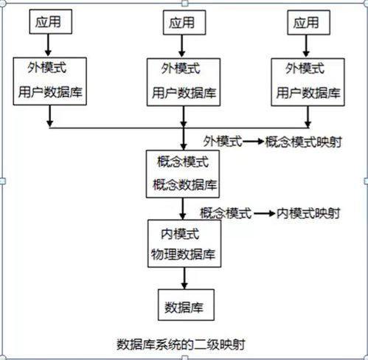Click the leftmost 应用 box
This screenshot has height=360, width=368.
[x=50, y=21]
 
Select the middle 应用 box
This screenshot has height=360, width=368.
[x=181, y=21]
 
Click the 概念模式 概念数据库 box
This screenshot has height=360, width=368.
[x=182, y=172]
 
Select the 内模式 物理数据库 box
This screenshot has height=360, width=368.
[x=182, y=243]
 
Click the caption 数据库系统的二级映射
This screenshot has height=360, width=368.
[x=181, y=343]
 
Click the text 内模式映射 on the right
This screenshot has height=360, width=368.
[x=309, y=213]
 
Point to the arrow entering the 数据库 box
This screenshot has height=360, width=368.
[x=182, y=278]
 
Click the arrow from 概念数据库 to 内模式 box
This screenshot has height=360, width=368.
[x=182, y=208]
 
